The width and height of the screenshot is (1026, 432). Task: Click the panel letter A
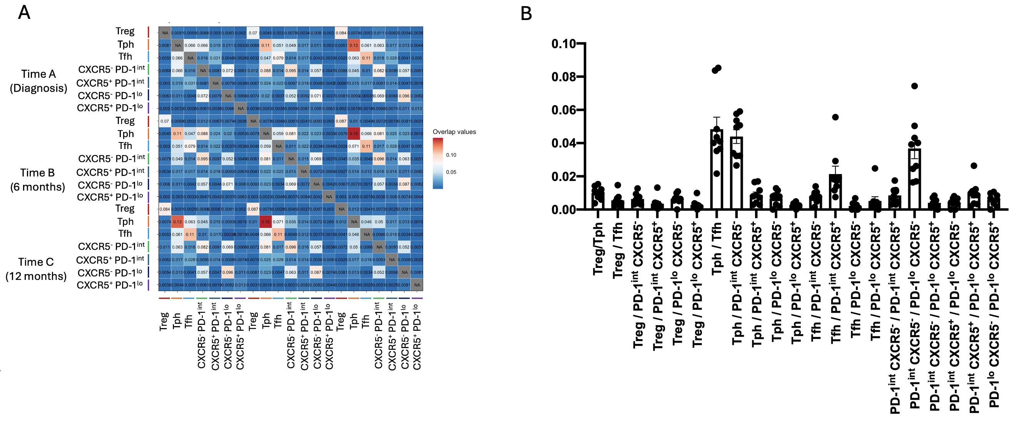(24, 13)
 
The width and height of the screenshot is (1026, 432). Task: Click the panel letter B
(526, 14)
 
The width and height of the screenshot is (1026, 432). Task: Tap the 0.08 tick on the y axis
(564, 77)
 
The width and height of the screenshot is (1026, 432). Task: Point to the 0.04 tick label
(564, 143)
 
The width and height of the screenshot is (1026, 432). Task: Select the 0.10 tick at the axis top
(564, 44)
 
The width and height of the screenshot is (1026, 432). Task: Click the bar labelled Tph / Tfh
(717, 169)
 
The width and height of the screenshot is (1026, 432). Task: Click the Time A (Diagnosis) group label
(38, 81)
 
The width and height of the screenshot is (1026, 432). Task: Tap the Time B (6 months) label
(37, 180)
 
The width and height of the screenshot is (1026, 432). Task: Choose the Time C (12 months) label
(36, 269)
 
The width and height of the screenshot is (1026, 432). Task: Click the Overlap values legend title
(454, 132)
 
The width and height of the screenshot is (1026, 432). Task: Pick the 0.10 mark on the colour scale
(451, 155)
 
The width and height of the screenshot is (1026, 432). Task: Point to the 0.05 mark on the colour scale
(451, 172)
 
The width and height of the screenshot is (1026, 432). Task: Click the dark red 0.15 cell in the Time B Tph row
(354, 134)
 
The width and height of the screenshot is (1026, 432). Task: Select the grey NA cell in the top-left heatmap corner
(165, 33)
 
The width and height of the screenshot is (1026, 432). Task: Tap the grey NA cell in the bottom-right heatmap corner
(417, 285)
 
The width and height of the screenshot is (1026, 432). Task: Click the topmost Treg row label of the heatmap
(125, 31)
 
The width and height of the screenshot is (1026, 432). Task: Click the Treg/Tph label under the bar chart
(598, 249)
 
